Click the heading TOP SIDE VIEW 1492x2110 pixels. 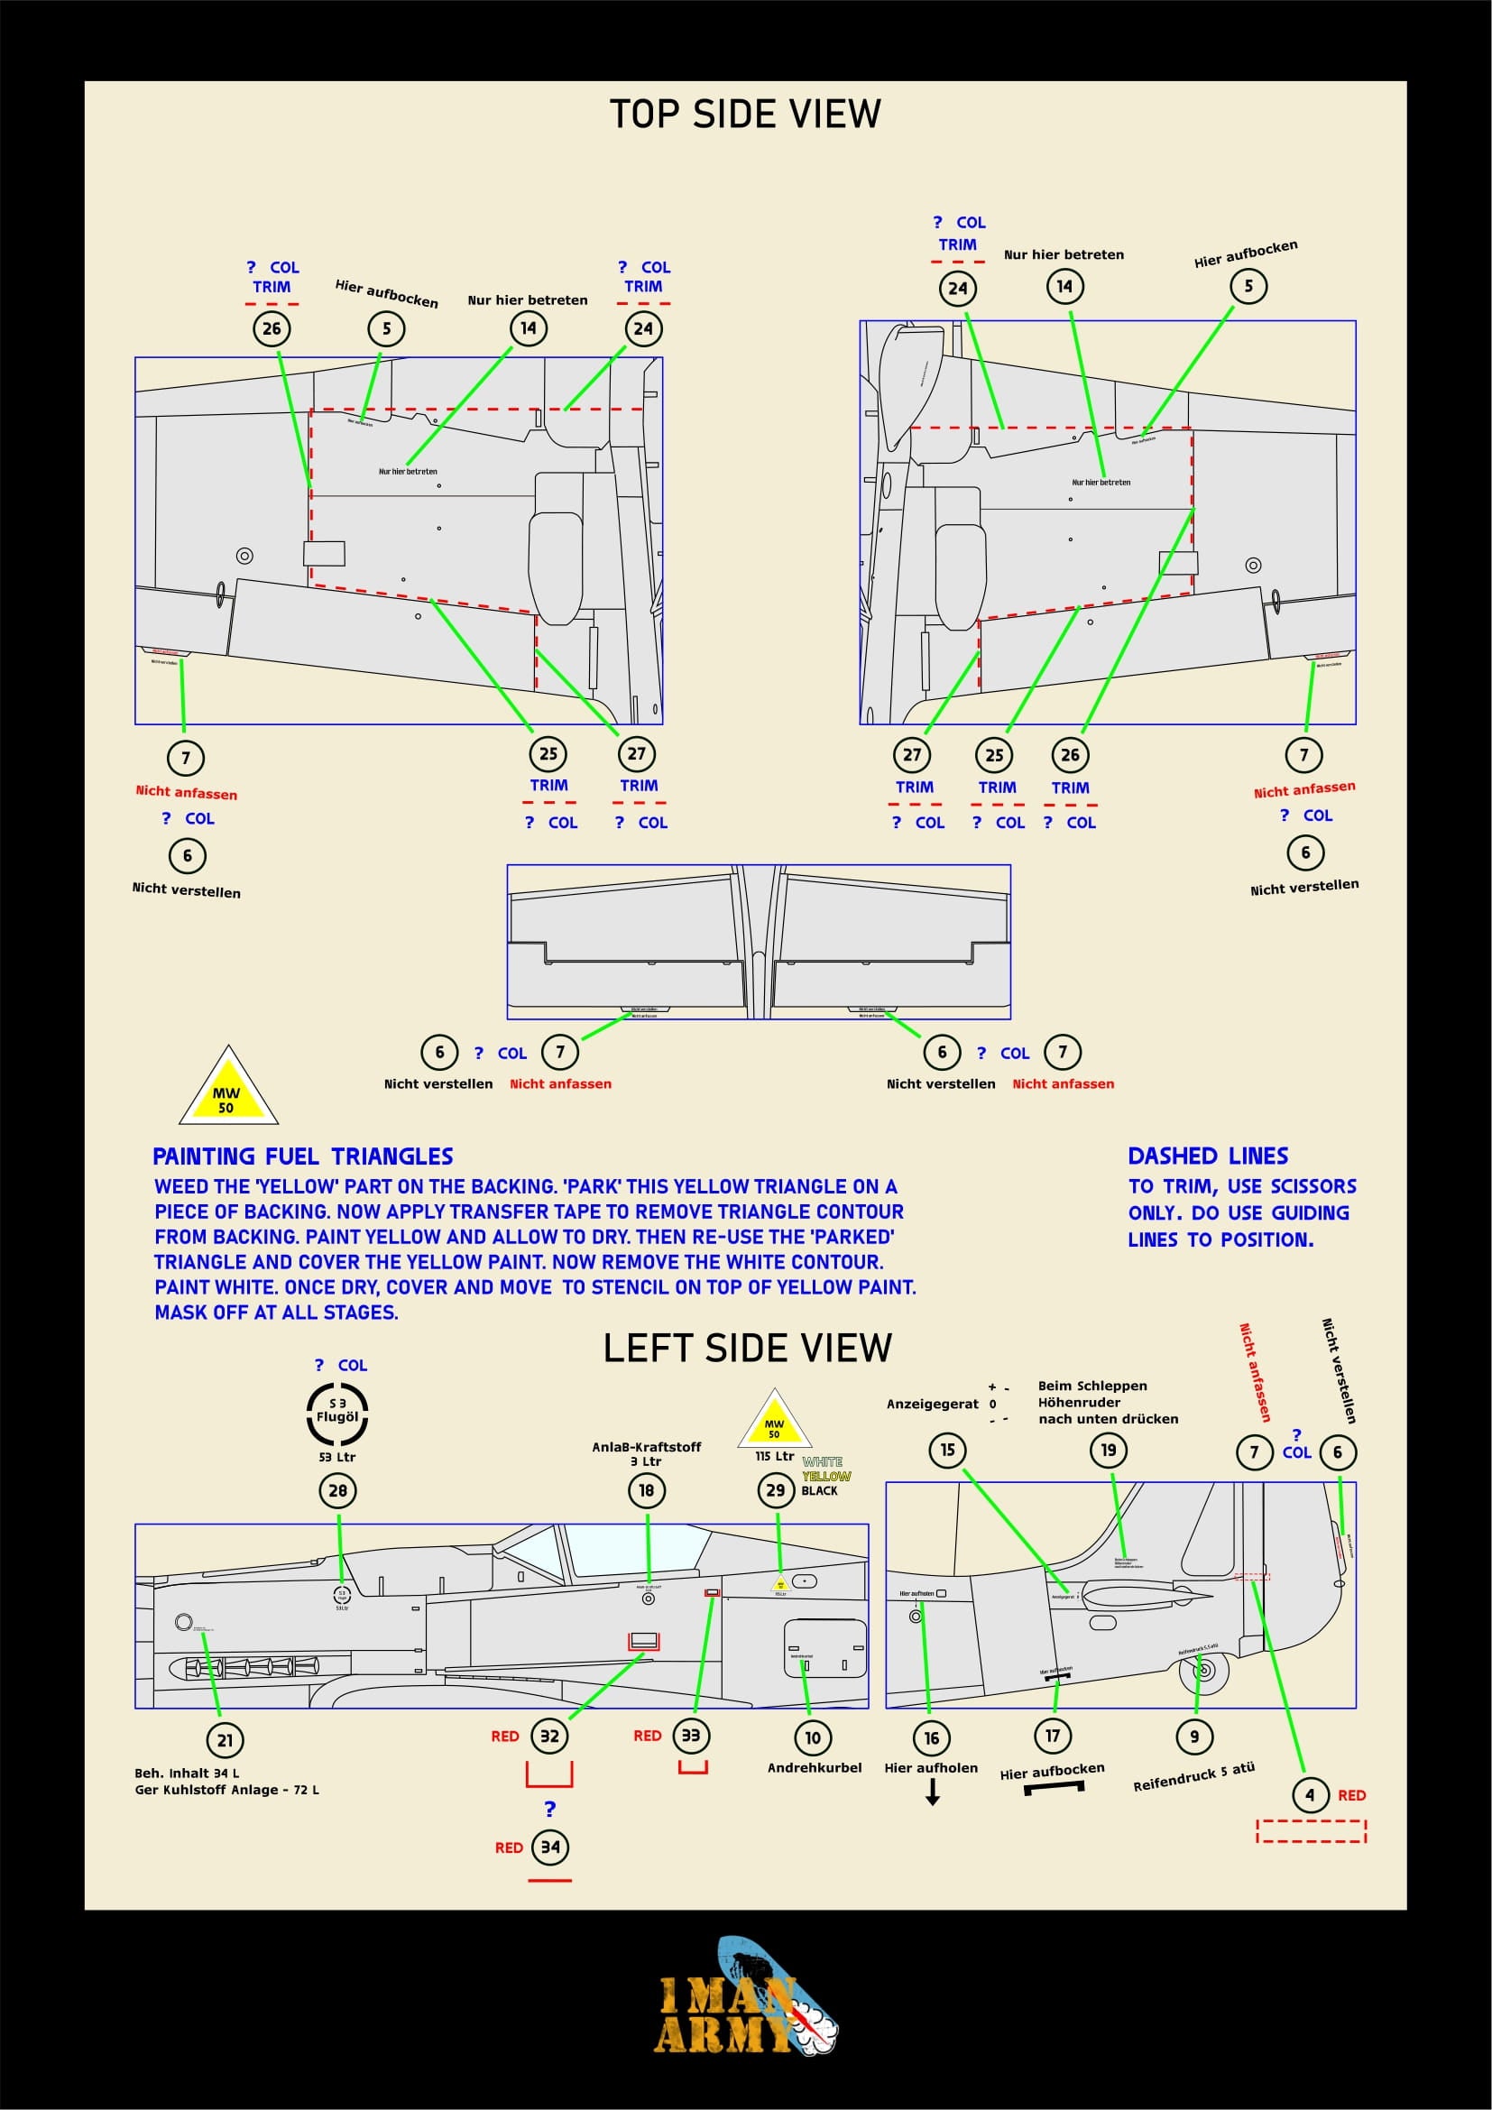click(x=745, y=115)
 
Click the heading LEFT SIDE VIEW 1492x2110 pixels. click(x=747, y=1348)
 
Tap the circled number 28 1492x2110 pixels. click(x=338, y=1489)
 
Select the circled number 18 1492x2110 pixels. click(x=647, y=1489)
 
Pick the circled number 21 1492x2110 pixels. click(x=226, y=1738)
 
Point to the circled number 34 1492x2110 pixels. click(x=550, y=1847)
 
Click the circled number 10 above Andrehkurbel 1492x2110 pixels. click(x=812, y=1737)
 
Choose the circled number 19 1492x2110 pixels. click(x=1109, y=1451)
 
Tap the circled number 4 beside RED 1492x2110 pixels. click(x=1310, y=1794)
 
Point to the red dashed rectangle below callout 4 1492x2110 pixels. click(x=1311, y=1830)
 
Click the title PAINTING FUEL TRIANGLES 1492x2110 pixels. click(x=302, y=1156)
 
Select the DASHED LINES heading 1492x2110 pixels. click(x=1207, y=1156)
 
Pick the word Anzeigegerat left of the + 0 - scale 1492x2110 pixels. click(x=933, y=1404)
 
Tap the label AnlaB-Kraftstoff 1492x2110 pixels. click(x=646, y=1446)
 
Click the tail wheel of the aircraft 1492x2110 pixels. click(x=1205, y=1672)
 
